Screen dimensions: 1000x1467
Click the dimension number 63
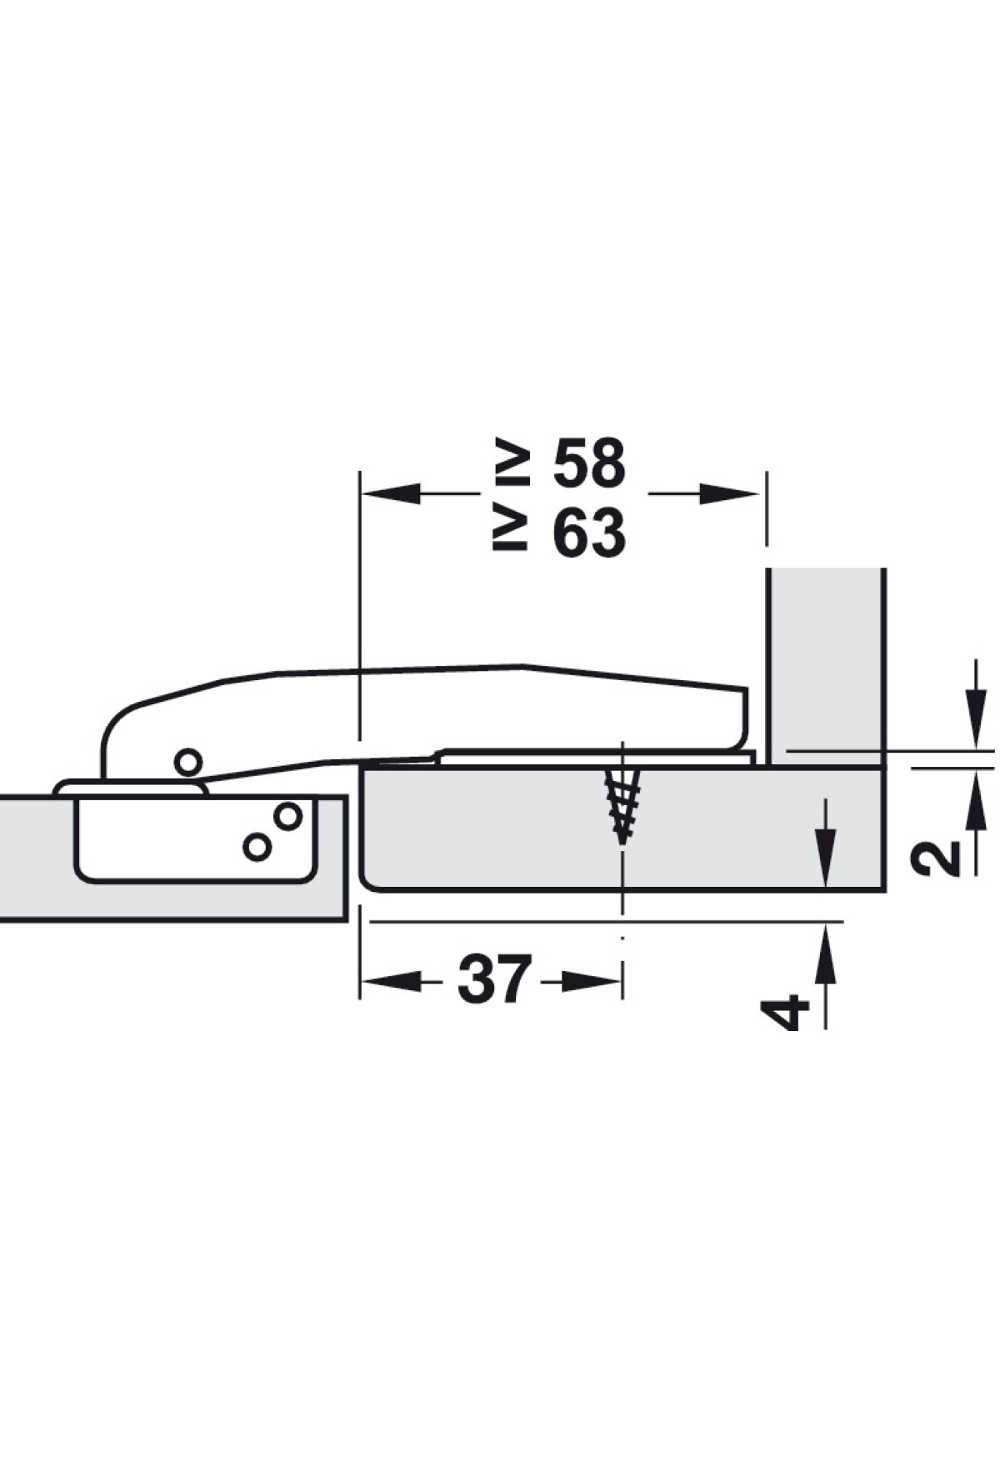coord(589,533)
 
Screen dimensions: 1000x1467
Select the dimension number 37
coord(494,979)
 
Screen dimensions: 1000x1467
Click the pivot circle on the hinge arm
coord(187,761)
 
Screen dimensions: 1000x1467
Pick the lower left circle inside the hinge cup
coord(257,847)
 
